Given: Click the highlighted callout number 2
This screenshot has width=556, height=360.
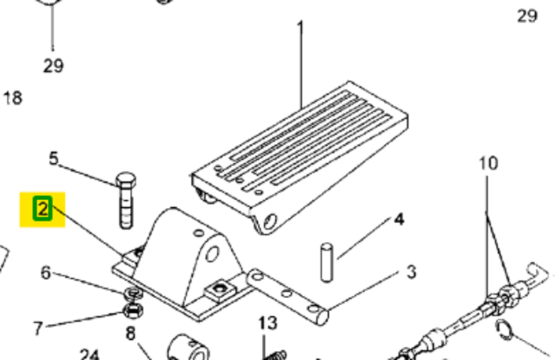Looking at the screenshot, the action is pyautogui.click(x=42, y=208).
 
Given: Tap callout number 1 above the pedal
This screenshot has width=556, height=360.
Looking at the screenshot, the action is pyautogui.click(x=300, y=28).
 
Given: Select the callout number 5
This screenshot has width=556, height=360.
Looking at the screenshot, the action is pyautogui.click(x=54, y=158).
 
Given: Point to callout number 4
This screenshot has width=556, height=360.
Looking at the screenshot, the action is pyautogui.click(x=399, y=220).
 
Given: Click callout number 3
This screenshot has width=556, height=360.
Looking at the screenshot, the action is pyautogui.click(x=411, y=272).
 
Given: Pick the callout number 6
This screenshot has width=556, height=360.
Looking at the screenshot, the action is pyautogui.click(x=45, y=272).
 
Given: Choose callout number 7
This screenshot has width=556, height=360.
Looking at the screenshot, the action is pyautogui.click(x=38, y=329).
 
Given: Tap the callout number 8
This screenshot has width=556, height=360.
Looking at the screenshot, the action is pyautogui.click(x=131, y=334).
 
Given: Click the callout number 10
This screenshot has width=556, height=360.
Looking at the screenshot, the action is pyautogui.click(x=489, y=163).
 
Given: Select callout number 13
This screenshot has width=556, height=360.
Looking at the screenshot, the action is pyautogui.click(x=268, y=323).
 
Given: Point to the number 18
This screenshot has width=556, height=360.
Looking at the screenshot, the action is pyautogui.click(x=13, y=98).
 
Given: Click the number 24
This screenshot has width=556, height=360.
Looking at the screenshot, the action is pyautogui.click(x=89, y=354).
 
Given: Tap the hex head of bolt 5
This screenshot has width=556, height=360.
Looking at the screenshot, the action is pyautogui.click(x=126, y=180).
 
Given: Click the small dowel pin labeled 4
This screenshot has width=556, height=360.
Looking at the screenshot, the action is pyautogui.click(x=327, y=263).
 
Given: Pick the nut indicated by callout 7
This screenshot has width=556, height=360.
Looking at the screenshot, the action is pyautogui.click(x=133, y=311).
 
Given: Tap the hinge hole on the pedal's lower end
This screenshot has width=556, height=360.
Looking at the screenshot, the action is pyautogui.click(x=270, y=222).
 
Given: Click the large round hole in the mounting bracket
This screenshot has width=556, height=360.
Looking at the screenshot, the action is pyautogui.click(x=212, y=254).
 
